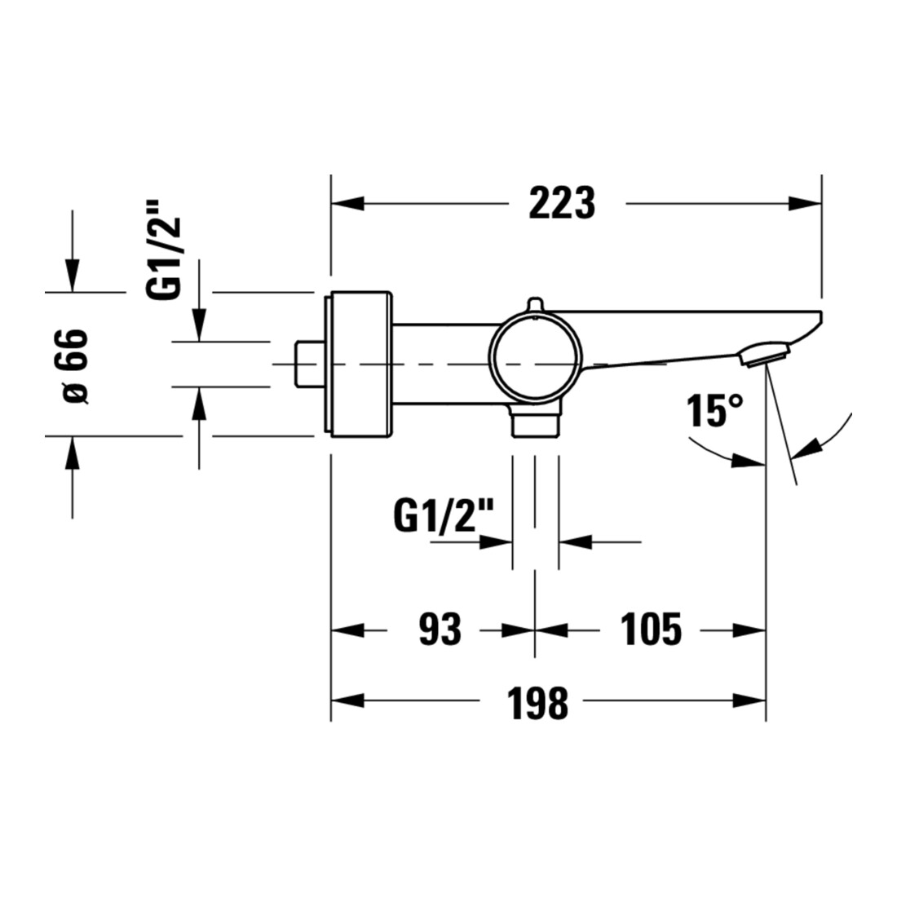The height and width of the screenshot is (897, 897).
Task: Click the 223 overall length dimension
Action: pos(562,202)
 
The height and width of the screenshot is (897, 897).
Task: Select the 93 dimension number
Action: pos(440,629)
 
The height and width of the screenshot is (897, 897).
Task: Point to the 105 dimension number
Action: pos(652,629)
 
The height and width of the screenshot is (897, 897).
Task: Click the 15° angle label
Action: pos(715,410)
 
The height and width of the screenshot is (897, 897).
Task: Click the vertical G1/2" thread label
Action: pos(164,258)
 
